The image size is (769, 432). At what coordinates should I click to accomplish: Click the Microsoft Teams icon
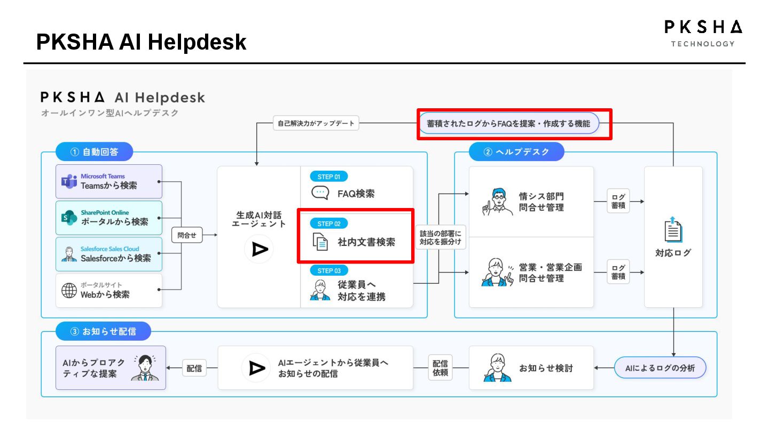coord(69,181)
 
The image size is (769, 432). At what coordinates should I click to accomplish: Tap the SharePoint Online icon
coord(69,218)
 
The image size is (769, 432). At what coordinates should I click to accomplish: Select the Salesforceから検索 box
coord(109,254)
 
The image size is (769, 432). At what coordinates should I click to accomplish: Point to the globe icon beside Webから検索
coord(69,291)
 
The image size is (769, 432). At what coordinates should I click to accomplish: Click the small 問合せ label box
coord(187,235)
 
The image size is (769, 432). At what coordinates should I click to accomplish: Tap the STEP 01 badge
coord(328,177)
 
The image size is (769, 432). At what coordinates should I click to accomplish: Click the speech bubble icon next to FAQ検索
coord(320,193)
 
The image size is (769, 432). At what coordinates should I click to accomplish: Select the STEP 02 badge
coord(328,223)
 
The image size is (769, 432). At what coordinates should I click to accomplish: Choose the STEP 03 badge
coord(328,270)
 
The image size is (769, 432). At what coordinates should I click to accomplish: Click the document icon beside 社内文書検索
coord(320,242)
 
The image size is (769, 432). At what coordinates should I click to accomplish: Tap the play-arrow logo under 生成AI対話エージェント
coord(259,249)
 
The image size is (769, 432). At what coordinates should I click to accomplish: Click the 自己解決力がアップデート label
coord(316,124)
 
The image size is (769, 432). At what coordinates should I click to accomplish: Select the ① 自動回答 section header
coord(94,152)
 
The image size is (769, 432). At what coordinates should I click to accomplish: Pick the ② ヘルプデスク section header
coord(516,152)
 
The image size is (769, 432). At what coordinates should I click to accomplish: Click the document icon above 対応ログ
coord(673,229)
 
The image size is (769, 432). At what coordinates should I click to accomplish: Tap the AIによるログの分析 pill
coord(660,367)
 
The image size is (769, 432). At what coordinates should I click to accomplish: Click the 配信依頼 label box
coord(441,367)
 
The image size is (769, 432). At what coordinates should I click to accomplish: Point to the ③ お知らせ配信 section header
coord(103,331)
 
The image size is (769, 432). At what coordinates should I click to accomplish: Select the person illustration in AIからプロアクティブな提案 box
coord(145,367)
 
